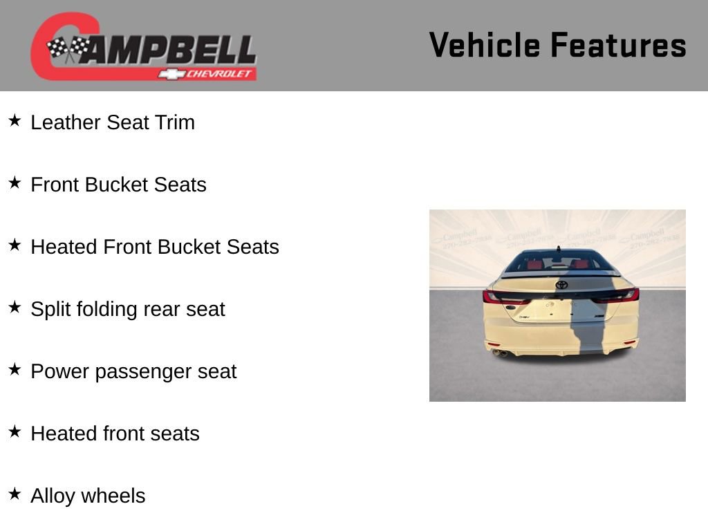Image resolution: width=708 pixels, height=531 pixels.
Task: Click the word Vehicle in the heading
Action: coord(485,45)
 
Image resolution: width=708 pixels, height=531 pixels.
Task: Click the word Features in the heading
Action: coord(619,45)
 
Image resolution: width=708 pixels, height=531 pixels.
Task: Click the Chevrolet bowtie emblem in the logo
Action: coord(171,74)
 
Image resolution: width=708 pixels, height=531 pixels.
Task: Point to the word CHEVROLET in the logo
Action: coord(218,73)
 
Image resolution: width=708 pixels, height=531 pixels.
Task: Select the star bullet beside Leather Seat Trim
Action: coord(15,120)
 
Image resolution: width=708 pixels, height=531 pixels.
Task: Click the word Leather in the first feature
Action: coord(66,122)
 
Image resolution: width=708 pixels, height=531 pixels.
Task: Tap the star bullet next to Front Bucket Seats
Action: coord(15,183)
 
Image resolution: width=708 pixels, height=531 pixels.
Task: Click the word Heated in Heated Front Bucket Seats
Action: coord(64,247)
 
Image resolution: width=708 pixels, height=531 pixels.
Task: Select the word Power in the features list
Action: coord(60,371)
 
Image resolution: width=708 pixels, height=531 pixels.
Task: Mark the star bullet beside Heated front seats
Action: coord(15,431)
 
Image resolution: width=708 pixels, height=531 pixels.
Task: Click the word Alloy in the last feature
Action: coord(53,496)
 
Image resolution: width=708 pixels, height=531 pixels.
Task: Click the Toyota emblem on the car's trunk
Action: coord(561,284)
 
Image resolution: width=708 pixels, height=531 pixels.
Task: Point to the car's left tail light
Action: coord(503,297)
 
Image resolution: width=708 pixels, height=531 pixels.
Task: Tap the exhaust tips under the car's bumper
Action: coord(499,353)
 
